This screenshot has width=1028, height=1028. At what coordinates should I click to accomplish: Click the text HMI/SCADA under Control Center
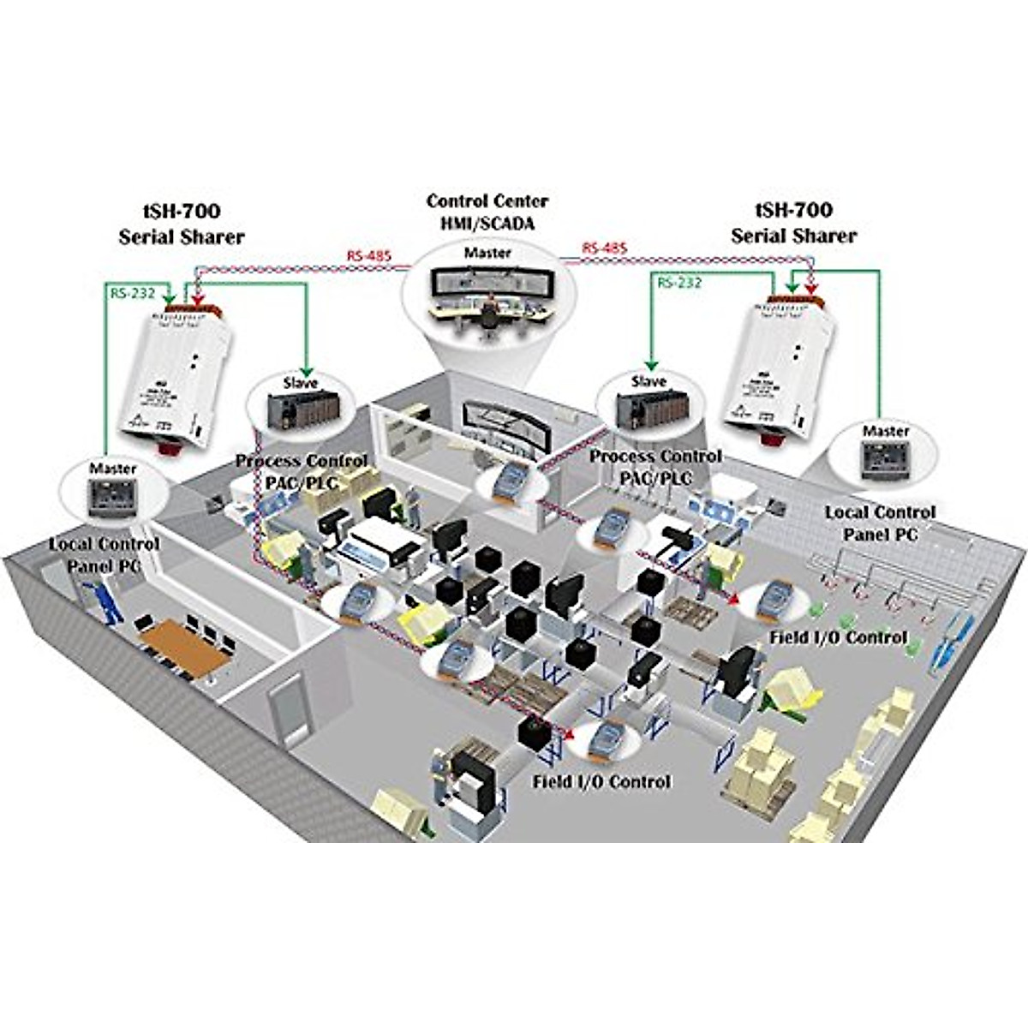click(487, 224)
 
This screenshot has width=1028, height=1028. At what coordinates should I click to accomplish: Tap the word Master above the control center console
click(487, 253)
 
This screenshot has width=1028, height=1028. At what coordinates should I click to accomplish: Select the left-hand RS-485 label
click(366, 255)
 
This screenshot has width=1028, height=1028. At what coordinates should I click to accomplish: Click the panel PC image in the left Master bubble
click(112, 498)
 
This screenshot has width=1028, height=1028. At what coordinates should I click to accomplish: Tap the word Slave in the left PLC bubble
click(300, 383)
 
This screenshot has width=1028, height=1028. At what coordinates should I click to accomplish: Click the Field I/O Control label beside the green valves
click(837, 637)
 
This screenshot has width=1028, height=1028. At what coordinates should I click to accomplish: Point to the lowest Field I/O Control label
click(601, 781)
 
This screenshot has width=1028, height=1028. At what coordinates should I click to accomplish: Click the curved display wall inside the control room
click(501, 421)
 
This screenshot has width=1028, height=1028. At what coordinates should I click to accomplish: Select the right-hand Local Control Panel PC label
click(880, 523)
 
